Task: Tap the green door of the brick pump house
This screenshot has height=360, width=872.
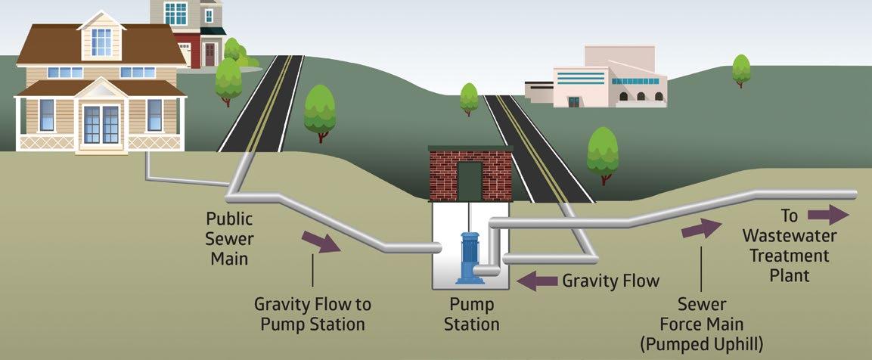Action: (470, 181)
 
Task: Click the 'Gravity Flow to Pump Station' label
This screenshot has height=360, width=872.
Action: (312, 315)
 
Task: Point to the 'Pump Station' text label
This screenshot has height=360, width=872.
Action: (471, 315)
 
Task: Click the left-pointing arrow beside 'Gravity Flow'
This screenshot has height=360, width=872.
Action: (536, 281)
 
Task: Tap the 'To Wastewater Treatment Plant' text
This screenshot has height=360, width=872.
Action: (789, 247)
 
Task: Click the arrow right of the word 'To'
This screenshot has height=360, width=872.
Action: (828, 215)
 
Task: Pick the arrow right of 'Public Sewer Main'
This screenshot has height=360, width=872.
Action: (321, 242)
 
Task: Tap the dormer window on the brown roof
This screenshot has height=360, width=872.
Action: (101, 42)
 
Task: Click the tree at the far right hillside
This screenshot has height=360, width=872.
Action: (741, 70)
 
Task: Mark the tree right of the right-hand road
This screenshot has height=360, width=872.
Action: (603, 154)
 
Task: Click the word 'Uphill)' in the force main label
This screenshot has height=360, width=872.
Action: (732, 341)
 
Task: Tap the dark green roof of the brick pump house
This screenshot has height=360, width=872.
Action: (470, 148)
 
